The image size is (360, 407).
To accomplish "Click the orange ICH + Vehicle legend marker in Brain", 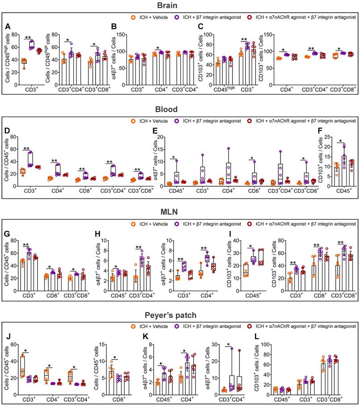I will point(133,17).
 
